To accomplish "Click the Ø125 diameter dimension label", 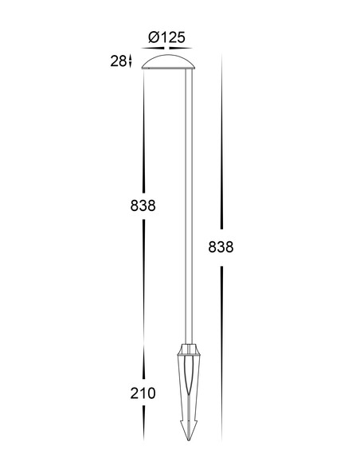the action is click(x=166, y=37).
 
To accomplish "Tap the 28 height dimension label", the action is click(x=118, y=61).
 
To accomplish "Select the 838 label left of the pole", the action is click(x=143, y=205).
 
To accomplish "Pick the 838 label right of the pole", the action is click(x=221, y=247).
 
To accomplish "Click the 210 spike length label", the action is click(x=143, y=393).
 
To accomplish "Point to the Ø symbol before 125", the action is click(x=154, y=37).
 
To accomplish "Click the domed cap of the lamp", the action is click(x=168, y=61).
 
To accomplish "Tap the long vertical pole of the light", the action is click(x=188, y=206).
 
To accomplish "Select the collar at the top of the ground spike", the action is click(x=188, y=349).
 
